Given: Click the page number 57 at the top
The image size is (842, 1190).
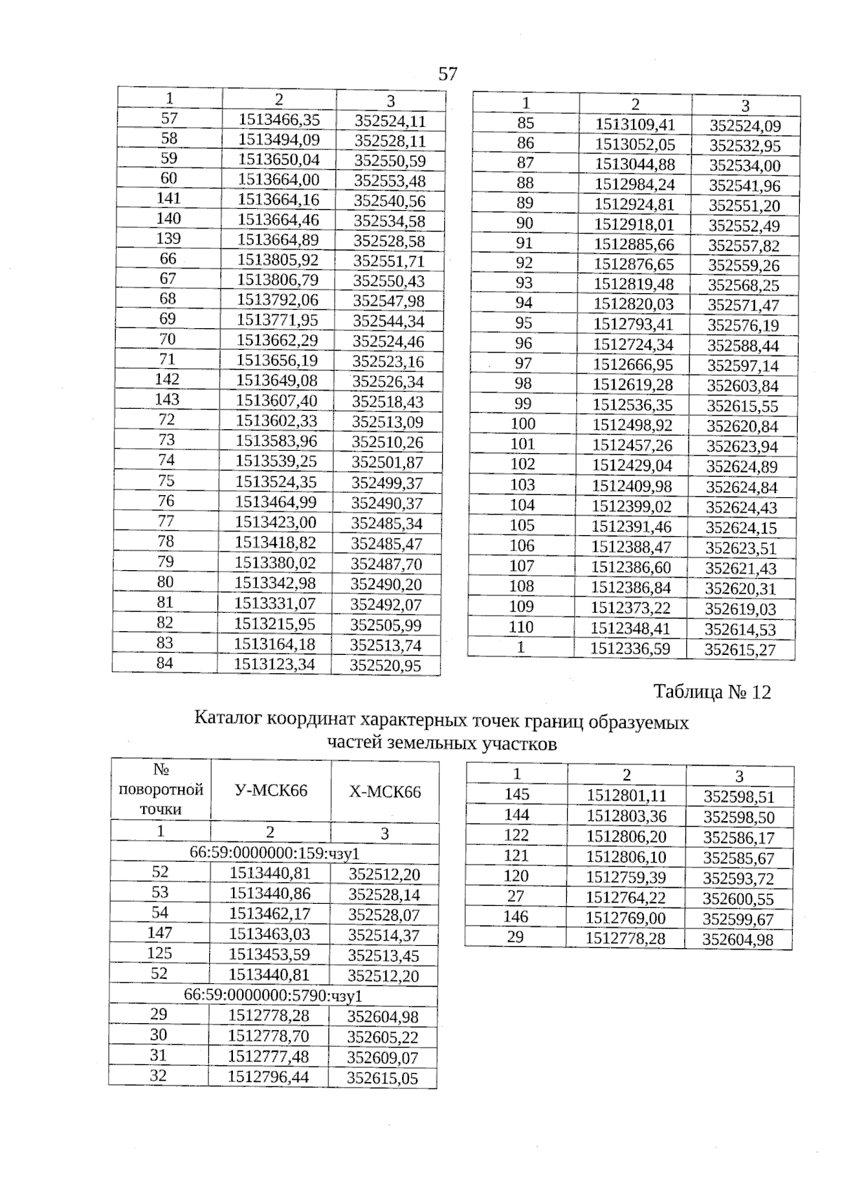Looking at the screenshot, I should pyautogui.click(x=448, y=74).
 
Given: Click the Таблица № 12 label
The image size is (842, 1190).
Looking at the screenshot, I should pyautogui.click(x=711, y=693).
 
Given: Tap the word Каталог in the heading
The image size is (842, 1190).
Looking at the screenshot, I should pyautogui.click(x=227, y=720).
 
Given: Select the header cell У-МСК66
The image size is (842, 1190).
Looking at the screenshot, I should pyautogui.click(x=270, y=791).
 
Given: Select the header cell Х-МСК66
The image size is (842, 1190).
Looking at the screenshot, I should pyautogui.click(x=385, y=792).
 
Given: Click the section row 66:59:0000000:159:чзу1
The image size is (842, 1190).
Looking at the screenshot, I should pyautogui.click(x=274, y=853).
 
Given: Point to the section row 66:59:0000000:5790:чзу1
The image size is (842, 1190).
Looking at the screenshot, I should pyautogui.click(x=273, y=996).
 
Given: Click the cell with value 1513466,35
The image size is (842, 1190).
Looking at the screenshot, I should pyautogui.click(x=279, y=120).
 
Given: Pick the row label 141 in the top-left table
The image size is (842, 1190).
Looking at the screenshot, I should pyautogui.click(x=168, y=199).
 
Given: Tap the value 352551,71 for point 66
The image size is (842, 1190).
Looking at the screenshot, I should pyautogui.click(x=389, y=262).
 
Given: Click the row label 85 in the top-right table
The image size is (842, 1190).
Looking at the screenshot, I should pyautogui.click(x=526, y=123).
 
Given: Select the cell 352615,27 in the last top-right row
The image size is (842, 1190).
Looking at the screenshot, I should pyautogui.click(x=740, y=649).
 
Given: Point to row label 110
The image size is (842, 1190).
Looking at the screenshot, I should pyautogui.click(x=521, y=627).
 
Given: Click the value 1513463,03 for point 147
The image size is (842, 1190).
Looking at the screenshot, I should pyautogui.click(x=269, y=934).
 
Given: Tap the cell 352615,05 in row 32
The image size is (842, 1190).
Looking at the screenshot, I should pyautogui.click(x=382, y=1079).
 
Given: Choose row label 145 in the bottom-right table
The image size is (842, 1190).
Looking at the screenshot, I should pyautogui.click(x=517, y=795).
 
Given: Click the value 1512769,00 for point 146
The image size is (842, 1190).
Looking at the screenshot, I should pyautogui.click(x=626, y=918).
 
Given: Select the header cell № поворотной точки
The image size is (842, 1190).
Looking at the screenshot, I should pyautogui.click(x=161, y=790).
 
